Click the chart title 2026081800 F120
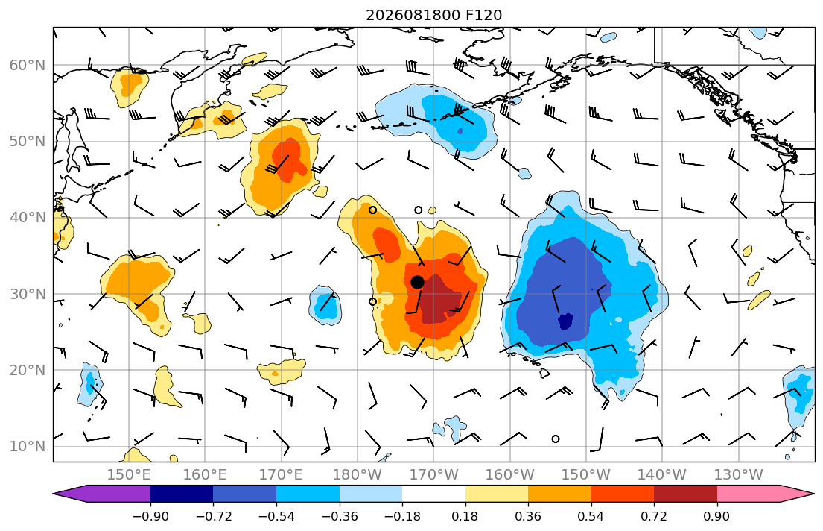(433, 15)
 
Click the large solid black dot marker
(417, 283)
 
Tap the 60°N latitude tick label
(28, 65)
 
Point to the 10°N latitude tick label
(28, 447)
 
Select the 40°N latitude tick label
(28, 218)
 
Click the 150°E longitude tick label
(129, 475)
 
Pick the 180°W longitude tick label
(358, 475)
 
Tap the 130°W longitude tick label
(739, 475)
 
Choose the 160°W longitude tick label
(509, 475)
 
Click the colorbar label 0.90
(717, 516)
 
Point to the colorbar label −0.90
(150, 516)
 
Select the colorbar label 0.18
(465, 516)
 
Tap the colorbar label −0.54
(276, 516)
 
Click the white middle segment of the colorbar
(433, 494)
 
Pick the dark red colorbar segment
(685, 494)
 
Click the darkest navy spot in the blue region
(565, 321)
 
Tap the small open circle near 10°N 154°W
(556, 439)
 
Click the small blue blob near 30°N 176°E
(325, 305)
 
